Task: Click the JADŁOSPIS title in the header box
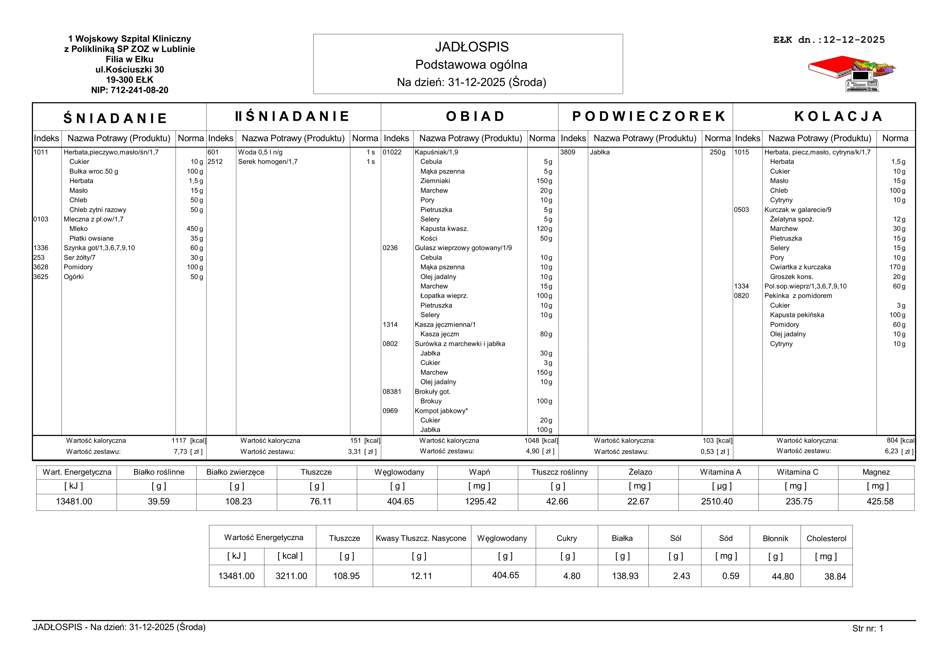tap(472, 47)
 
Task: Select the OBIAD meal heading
tap(475, 116)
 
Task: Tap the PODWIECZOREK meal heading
tap(649, 116)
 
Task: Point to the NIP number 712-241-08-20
tap(130, 90)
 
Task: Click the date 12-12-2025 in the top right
tap(854, 40)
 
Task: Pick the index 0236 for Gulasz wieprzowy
tap(390, 248)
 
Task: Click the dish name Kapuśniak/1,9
tap(436, 152)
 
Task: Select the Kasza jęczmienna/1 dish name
tap(445, 325)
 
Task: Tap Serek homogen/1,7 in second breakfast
tap(268, 161)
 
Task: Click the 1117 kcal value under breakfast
tap(179, 441)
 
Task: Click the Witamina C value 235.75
tap(799, 502)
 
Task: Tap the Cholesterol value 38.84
tap(835, 576)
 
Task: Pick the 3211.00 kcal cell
tap(291, 576)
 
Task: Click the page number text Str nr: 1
tap(867, 628)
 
